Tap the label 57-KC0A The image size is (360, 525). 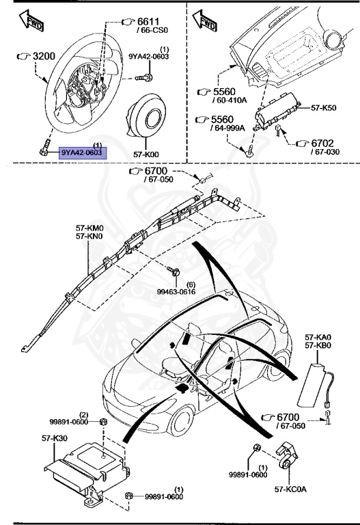click(x=292, y=490)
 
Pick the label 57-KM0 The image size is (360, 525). click(x=90, y=228)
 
